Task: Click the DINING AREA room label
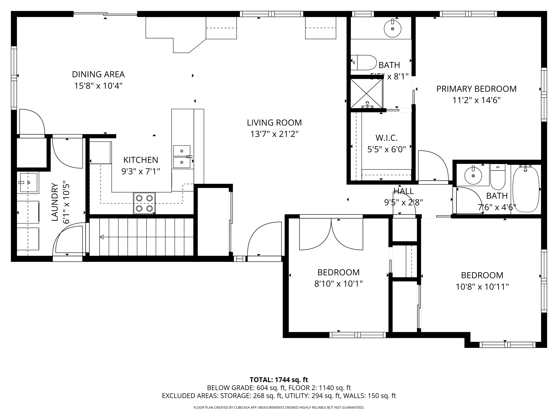point(98,74)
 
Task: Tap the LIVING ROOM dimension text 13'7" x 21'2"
point(274,134)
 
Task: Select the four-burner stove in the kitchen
point(144,203)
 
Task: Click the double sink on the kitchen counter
point(182,157)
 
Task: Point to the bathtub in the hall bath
point(526,189)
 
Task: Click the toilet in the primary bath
point(363,63)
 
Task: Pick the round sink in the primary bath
point(392,28)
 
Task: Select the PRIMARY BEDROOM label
point(476,89)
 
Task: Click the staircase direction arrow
point(102,237)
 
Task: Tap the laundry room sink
point(28,182)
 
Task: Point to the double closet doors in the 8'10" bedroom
point(331,234)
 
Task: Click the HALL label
point(403,191)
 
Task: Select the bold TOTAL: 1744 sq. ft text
point(279,380)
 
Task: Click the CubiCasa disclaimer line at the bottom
point(279,407)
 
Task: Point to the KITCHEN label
point(140,160)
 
